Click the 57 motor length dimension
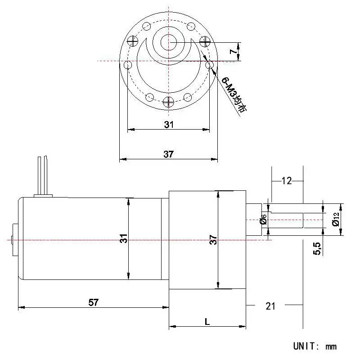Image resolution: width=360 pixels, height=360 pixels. pos(94,302)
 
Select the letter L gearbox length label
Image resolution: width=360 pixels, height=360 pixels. pos(207,322)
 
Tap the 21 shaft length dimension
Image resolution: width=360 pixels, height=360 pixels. pos(270,306)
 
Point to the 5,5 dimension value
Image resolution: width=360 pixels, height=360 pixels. pos(317,248)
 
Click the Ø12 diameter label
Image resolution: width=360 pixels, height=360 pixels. pos(336,219)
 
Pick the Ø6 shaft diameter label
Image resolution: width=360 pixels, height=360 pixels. pos(263,219)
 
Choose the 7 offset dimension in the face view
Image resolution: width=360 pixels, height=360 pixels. pos(233,51)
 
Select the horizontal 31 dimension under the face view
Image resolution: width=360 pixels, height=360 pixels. pos(169,125)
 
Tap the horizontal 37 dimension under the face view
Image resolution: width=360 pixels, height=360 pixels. pos(168,154)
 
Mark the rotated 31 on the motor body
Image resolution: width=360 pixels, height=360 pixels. pos(124,238)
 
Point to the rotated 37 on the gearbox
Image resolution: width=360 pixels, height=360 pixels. pos(213,239)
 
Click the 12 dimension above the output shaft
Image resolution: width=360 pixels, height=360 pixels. pos(287,181)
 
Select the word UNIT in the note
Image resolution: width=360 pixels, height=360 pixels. pos(305,346)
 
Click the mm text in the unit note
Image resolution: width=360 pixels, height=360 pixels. pos(331,346)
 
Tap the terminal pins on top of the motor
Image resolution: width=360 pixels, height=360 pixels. pos(43,175)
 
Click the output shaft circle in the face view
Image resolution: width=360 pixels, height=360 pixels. pos(168,42)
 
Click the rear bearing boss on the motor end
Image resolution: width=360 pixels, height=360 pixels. pos(15,239)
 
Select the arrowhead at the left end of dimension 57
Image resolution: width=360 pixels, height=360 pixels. pos(21,307)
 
